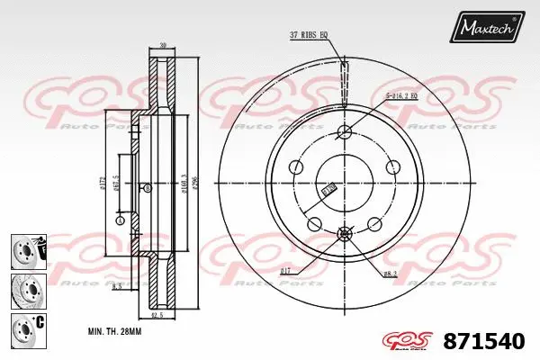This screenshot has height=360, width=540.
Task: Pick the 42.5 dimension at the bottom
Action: pyautogui.click(x=157, y=315)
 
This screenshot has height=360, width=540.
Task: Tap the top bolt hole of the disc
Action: pyautogui.click(x=344, y=133)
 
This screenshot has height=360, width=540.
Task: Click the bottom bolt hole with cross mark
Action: pyautogui.click(x=344, y=234)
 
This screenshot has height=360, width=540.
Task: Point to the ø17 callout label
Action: pyautogui.click(x=286, y=270)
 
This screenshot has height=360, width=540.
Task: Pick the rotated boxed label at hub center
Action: pyautogui.click(x=328, y=189)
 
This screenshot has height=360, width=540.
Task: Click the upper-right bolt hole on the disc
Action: pyautogui.click(x=392, y=168)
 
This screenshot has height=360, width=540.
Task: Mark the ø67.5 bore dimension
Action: pyautogui.click(x=117, y=187)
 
